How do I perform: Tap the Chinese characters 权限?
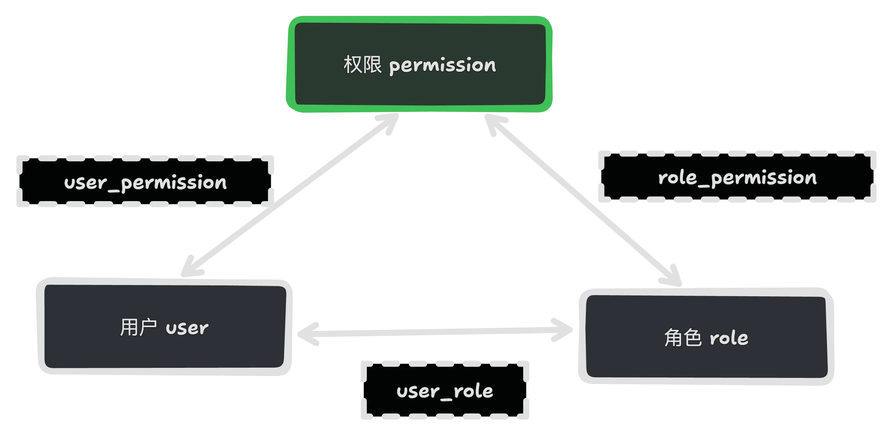(x=362, y=65)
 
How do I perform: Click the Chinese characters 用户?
(x=138, y=327)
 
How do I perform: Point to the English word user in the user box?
(x=187, y=328)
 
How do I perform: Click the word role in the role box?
(x=729, y=338)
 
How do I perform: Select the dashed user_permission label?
(x=145, y=182)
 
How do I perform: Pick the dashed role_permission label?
(x=737, y=177)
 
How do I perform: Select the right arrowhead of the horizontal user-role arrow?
(x=562, y=330)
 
